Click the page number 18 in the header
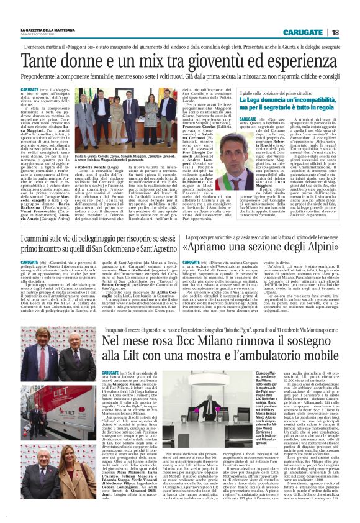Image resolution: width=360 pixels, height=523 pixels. (x=335, y=32)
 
